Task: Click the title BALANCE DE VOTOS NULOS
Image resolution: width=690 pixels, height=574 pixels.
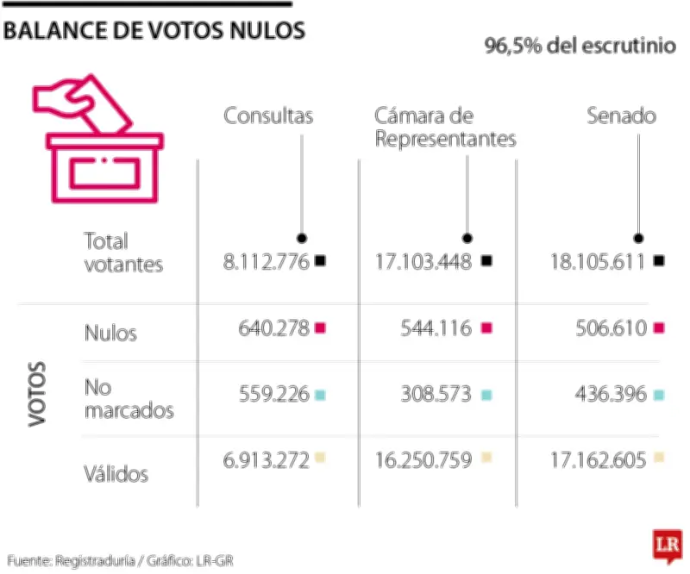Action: click(x=154, y=31)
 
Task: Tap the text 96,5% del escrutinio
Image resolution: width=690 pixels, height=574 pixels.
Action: click(x=580, y=46)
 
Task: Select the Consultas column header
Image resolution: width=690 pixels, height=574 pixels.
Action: click(x=268, y=116)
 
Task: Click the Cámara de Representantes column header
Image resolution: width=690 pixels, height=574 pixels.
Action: click(x=445, y=128)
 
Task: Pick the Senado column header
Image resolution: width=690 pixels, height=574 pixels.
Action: click(x=621, y=116)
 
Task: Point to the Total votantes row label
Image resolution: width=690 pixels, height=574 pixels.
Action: click(x=123, y=253)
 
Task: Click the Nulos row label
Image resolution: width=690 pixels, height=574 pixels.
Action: click(x=110, y=333)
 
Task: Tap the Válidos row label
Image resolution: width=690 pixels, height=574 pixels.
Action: click(x=116, y=473)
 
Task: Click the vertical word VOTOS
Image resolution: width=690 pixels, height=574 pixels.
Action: click(x=36, y=398)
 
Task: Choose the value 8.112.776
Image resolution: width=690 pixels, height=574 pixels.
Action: click(x=265, y=262)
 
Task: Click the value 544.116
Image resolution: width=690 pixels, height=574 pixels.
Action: click(x=436, y=328)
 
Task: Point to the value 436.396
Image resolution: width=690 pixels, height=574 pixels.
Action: click(x=610, y=395)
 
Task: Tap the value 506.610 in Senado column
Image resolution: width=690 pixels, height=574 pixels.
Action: click(x=610, y=328)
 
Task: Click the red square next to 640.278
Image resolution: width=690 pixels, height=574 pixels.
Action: click(x=321, y=328)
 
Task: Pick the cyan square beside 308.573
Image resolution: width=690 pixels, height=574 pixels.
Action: click(x=486, y=395)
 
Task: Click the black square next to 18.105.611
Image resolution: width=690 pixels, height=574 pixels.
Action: click(x=660, y=261)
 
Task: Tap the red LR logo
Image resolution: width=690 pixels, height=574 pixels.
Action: click(x=665, y=545)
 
